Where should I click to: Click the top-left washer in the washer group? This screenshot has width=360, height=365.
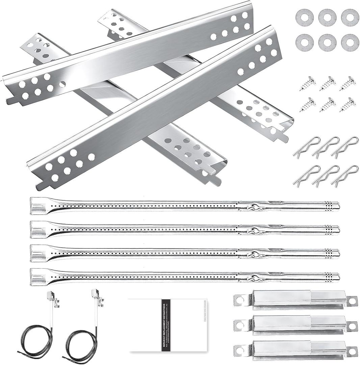click(x=304, y=18)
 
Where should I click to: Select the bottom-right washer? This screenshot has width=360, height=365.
click(x=350, y=43)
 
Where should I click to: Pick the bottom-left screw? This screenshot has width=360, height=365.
click(x=308, y=105)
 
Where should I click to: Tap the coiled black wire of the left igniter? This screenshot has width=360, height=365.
click(x=35, y=341)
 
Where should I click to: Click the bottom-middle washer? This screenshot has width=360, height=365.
click(x=327, y=43)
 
